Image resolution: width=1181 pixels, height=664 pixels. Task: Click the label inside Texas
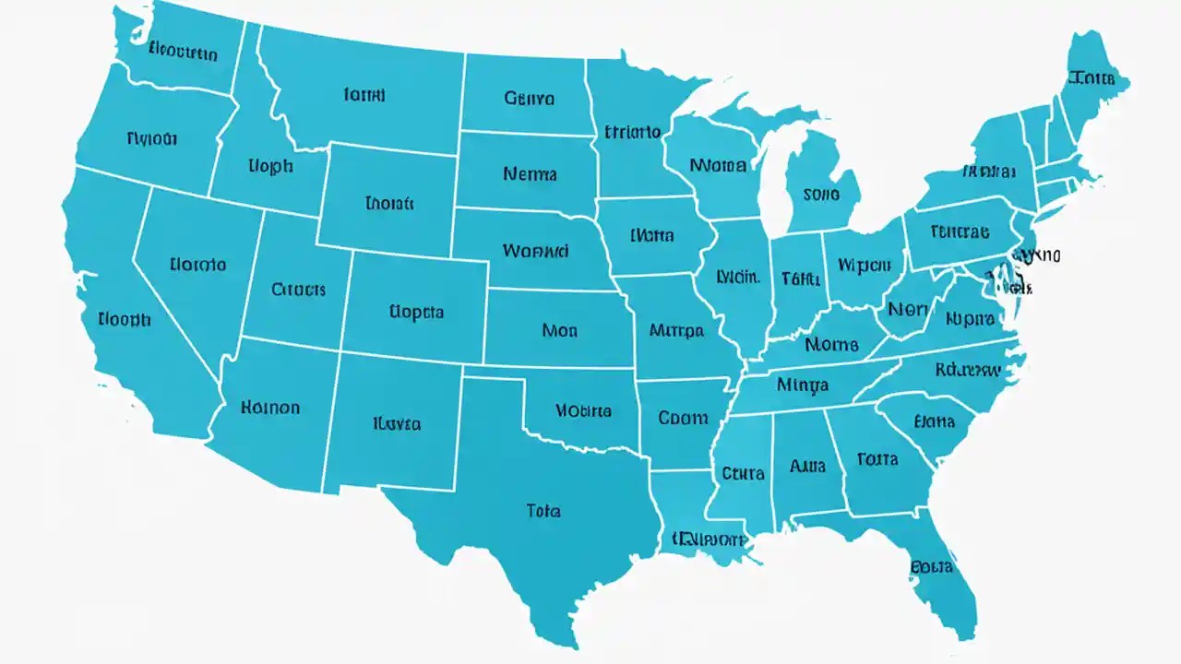pos(543,510)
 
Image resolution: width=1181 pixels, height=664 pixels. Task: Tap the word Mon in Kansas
pos(560,329)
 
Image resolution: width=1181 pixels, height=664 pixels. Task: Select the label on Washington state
pos(183,53)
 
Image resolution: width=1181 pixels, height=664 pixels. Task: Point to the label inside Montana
pos(364,94)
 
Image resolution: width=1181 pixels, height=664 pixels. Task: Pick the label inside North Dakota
pos(529,97)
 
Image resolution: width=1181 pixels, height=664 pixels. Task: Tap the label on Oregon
pos(151,139)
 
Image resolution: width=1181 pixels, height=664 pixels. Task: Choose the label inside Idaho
pos(270,166)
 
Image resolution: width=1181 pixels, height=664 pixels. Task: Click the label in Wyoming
pos(389,203)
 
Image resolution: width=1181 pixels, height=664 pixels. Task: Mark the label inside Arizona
pos(269,407)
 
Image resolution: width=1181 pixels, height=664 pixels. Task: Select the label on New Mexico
pos(397,424)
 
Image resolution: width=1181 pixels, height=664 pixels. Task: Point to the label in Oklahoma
pos(582,410)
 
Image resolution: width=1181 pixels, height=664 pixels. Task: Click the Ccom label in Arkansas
pos(683,418)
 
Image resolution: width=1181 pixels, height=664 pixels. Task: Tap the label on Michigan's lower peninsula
pos(821,195)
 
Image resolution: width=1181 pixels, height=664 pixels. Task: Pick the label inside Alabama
pos(807,466)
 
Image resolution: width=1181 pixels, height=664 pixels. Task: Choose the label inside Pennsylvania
pos(960,231)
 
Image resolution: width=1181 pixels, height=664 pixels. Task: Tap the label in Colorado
pos(416,312)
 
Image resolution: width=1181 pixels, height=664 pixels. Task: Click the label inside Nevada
pos(197,265)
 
